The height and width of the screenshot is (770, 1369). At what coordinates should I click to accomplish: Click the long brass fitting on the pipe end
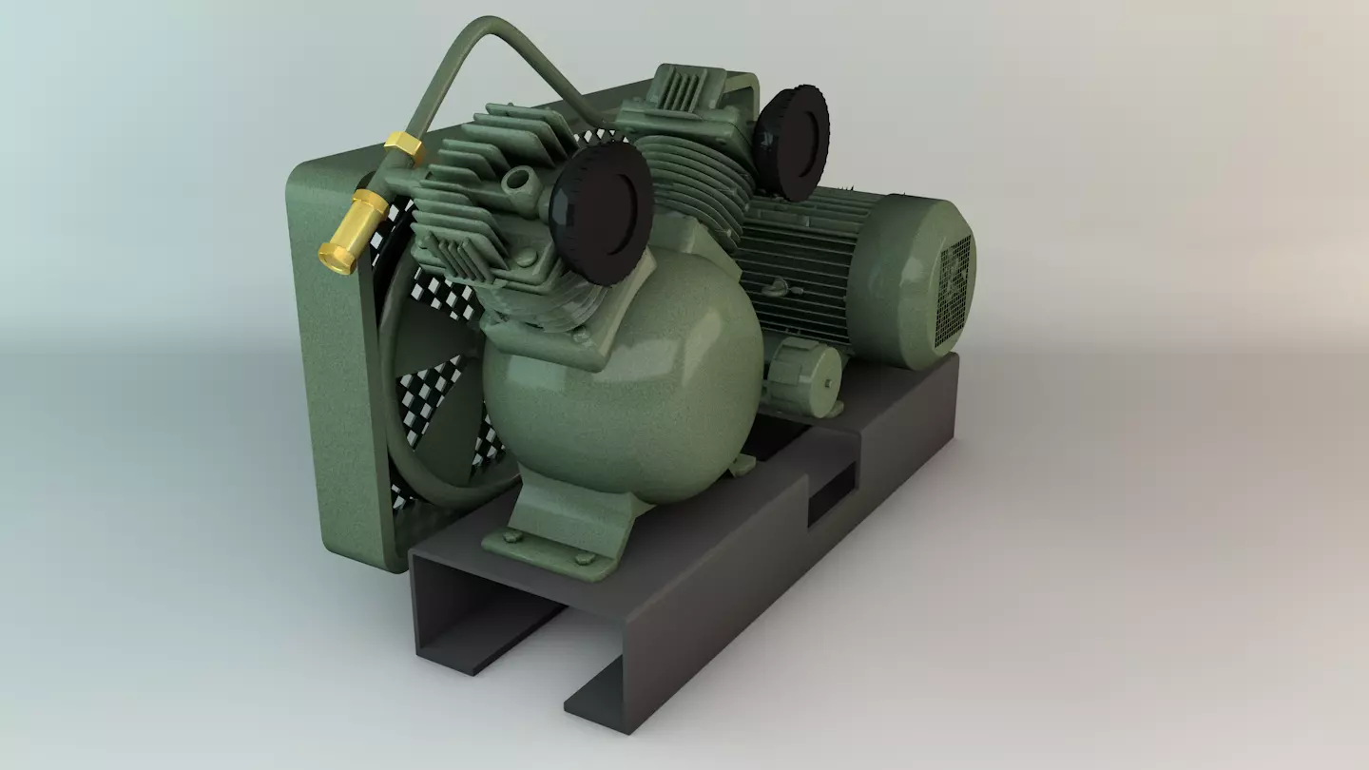point(353,231)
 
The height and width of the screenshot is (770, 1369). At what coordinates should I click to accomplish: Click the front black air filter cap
point(601,210)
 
